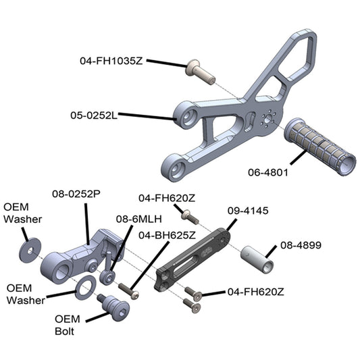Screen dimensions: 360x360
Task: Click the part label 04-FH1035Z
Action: [x=111, y=61]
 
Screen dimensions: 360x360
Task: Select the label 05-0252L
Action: [x=94, y=115]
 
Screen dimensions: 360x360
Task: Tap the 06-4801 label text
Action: [x=268, y=172]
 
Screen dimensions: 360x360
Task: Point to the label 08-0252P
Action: [x=76, y=194]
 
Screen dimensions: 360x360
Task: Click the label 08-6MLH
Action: [x=139, y=219]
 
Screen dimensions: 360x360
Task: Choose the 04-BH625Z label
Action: [x=167, y=235]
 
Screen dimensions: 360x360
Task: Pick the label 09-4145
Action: [x=248, y=211]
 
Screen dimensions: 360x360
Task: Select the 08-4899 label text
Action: [x=301, y=245]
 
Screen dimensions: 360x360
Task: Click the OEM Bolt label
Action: [x=68, y=325]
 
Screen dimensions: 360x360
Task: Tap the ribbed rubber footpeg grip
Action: [x=320, y=147]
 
